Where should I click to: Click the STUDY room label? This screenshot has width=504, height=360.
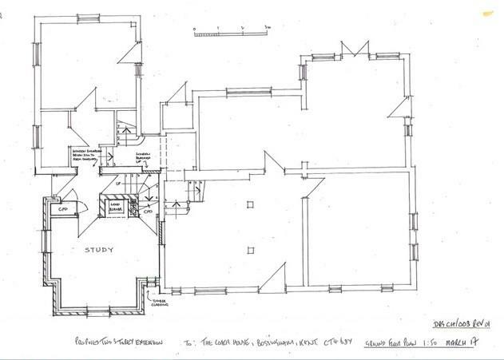(99, 250)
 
